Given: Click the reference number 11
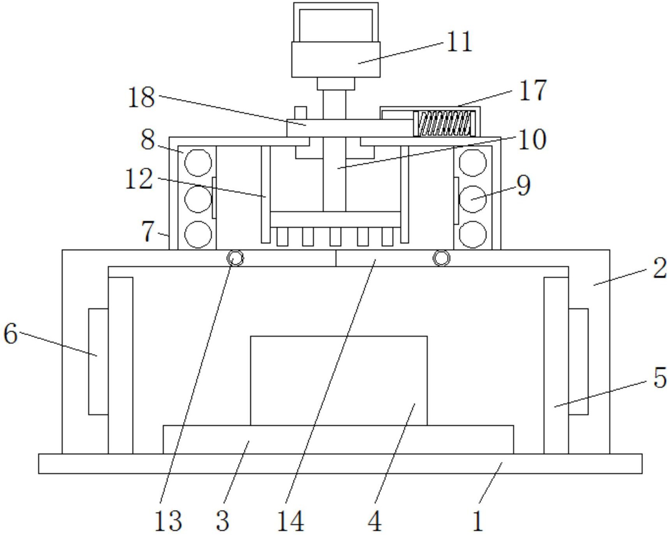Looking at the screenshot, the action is pos(459,42).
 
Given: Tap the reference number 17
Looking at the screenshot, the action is pos(533,90).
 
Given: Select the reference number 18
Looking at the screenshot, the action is pos(141,97).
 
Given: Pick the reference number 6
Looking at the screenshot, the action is pos(11,334).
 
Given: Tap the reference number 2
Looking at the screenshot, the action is pos(660,268).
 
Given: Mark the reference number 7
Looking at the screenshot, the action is pos(148,231).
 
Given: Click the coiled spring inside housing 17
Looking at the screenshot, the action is pos(444,123).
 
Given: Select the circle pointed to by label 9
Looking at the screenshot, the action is pos(473,199).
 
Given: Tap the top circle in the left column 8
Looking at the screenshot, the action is pos(198,163).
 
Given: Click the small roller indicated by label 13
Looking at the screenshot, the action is pos(236,258).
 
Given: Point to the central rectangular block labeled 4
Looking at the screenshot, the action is pos(339,381).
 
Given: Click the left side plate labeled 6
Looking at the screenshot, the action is pos(99,362).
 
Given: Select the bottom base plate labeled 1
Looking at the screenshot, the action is pos(340,464).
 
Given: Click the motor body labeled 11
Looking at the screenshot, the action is pos(336,60).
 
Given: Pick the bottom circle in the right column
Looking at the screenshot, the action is pos(473,235).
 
